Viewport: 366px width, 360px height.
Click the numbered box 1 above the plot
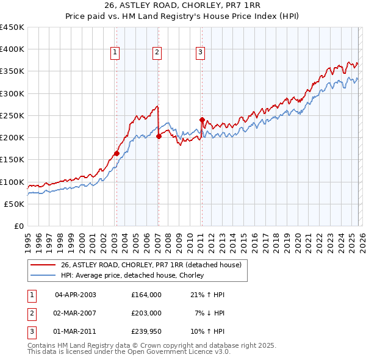tap(115, 53)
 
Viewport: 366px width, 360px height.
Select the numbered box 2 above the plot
tap(157, 53)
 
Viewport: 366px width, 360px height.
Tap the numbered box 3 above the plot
tap(200, 53)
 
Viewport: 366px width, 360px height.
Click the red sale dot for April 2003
tap(117, 154)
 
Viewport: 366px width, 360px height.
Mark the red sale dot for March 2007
tap(159, 137)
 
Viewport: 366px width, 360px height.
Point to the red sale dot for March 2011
tap(202, 120)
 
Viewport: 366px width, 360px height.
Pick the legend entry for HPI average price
tap(132, 276)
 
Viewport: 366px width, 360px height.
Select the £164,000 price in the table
tap(146, 295)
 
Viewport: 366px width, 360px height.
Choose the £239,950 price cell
tap(146, 331)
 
